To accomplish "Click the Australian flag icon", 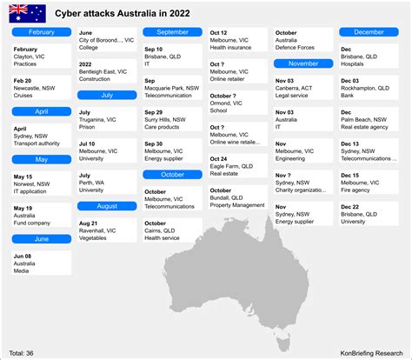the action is click(x=27, y=12).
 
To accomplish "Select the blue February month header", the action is click(x=41, y=32).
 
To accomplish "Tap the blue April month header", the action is click(x=41, y=111).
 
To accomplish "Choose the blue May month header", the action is click(x=41, y=159).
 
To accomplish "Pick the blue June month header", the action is click(x=41, y=237).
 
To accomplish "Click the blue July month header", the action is click(x=107, y=96).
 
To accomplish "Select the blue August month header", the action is click(x=107, y=206).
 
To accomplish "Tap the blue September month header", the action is click(x=173, y=32).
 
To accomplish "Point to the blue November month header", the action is click(x=302, y=63).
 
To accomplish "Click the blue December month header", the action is click(x=369, y=32).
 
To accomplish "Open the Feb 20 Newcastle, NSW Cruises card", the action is click(x=41, y=88).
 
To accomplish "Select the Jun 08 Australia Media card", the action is click(x=41, y=263).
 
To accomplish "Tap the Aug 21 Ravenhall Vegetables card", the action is click(x=107, y=230).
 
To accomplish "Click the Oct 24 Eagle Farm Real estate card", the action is click(x=237, y=166).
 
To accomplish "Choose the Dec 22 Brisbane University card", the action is click(x=369, y=214).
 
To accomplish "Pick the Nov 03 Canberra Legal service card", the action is click(x=302, y=88).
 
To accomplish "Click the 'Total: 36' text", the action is click(x=23, y=353).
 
